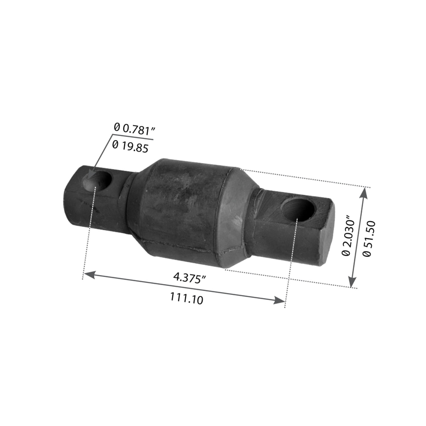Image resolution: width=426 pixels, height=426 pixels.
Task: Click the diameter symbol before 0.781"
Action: pyautogui.click(x=116, y=127)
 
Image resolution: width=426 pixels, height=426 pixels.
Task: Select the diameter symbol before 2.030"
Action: pyautogui.click(x=346, y=252)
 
